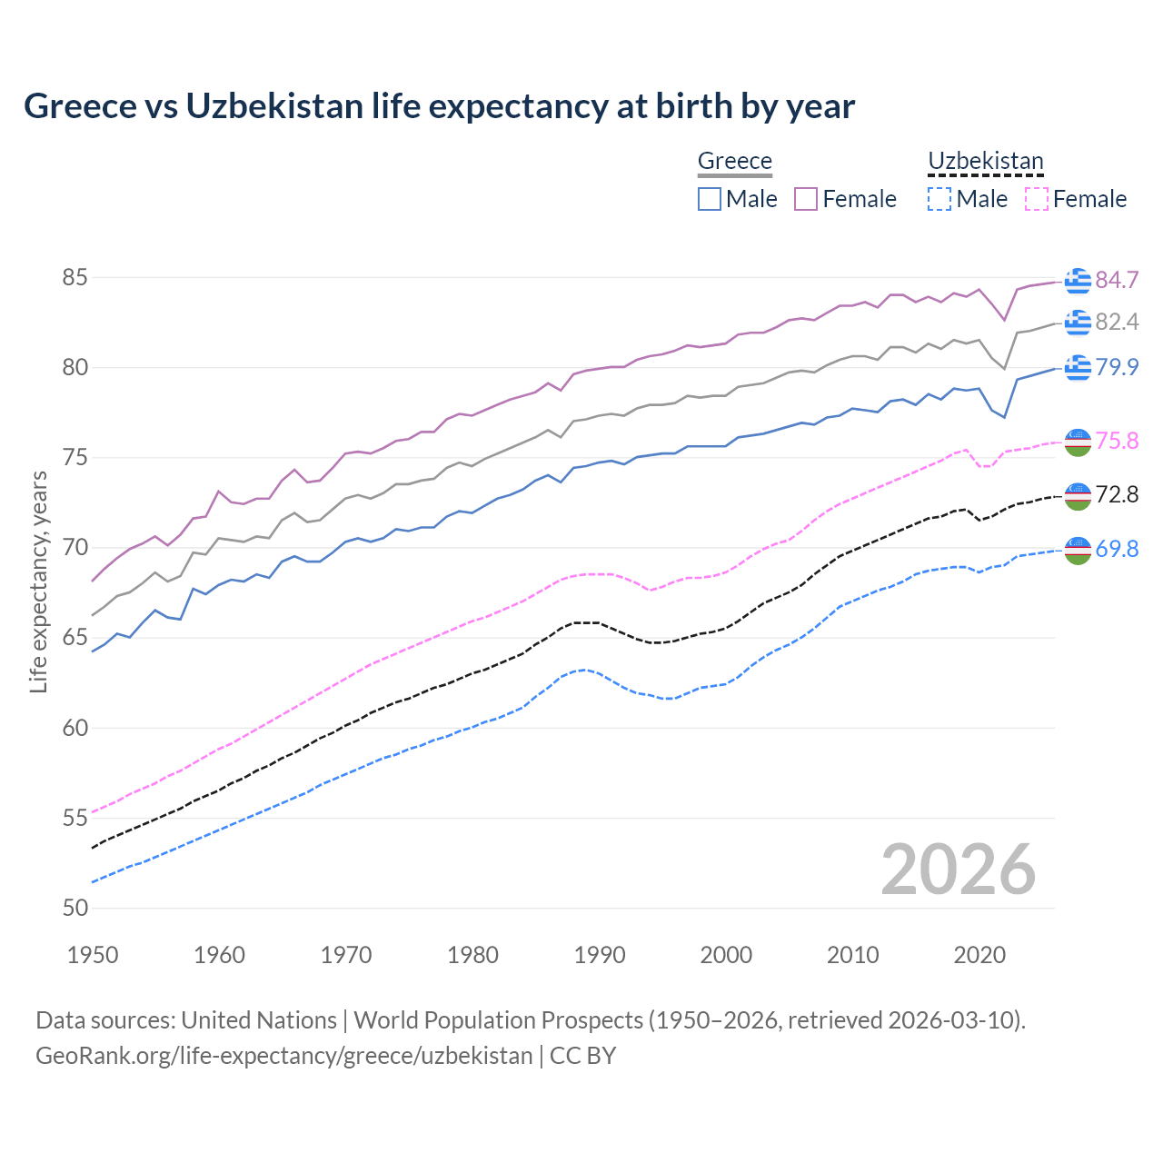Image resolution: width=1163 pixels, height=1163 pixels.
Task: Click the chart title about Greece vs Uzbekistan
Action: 439,106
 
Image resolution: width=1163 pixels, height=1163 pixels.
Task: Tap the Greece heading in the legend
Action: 734,161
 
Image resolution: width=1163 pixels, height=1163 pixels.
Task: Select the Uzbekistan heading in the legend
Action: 985,161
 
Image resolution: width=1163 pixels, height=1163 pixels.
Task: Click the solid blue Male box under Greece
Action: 710,199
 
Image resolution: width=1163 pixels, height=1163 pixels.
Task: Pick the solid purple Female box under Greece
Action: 806,199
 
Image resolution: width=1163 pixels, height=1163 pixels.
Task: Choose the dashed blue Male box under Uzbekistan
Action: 939,199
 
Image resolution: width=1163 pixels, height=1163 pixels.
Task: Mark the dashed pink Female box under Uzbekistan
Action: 1036,199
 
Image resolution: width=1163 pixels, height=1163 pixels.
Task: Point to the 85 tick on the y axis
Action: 75,277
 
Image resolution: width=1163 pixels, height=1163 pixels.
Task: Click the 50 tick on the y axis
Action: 75,908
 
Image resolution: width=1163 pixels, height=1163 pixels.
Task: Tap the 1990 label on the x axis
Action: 600,955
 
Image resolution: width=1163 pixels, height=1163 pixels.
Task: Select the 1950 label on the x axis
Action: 93,955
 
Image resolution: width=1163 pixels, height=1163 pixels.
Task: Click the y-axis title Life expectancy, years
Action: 38,581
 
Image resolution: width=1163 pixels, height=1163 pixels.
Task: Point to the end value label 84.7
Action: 1117,280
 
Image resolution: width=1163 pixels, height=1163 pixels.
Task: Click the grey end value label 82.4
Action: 1117,322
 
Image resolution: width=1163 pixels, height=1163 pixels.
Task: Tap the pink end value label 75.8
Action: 1117,441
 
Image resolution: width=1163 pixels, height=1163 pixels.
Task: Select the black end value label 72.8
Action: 1117,494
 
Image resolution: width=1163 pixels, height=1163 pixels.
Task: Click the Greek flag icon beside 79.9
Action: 1078,367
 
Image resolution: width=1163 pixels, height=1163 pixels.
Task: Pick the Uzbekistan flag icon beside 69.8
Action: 1078,550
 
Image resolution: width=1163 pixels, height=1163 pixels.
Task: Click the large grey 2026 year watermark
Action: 958,870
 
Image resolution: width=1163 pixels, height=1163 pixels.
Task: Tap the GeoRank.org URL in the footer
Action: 283,1055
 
